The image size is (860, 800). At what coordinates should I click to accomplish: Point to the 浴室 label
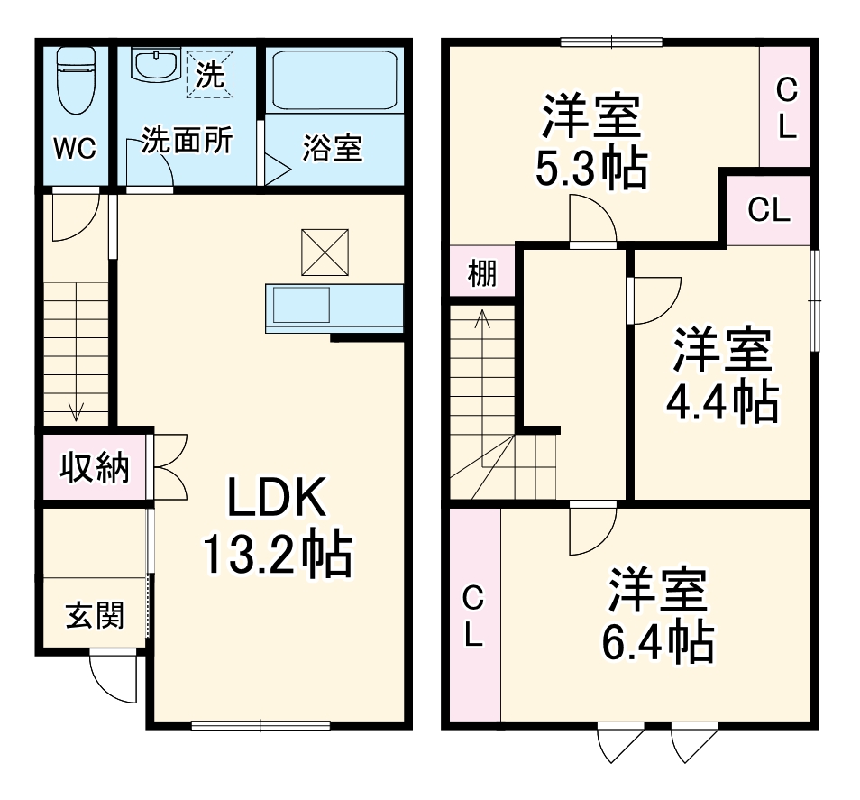pyautogui.click(x=332, y=149)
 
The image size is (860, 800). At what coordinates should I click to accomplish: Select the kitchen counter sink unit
pyautogui.click(x=333, y=306)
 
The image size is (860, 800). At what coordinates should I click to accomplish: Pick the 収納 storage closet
pyautogui.click(x=94, y=467)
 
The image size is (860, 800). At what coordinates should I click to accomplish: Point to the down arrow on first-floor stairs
pyautogui.click(x=76, y=410)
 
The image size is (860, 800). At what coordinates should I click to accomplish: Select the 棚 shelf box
pyautogui.click(x=482, y=273)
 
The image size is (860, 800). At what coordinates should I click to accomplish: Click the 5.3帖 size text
pyautogui.click(x=590, y=167)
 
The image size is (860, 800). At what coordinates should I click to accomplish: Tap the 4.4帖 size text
pyautogui.click(x=721, y=403)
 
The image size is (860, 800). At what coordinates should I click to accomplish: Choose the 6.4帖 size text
pyautogui.click(x=657, y=641)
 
